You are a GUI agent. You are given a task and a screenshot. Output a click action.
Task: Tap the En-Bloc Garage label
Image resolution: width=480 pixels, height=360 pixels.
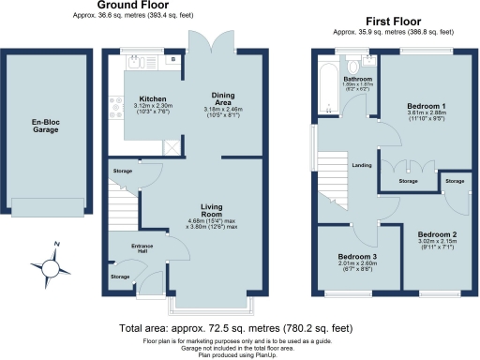click(x=45, y=126)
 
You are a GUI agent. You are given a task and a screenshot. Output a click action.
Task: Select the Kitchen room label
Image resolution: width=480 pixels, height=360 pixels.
click(x=153, y=98)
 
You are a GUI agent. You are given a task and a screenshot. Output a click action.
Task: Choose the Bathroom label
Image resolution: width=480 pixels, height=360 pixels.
click(x=356, y=79)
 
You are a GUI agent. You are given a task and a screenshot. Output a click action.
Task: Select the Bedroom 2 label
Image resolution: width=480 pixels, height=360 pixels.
click(x=437, y=233)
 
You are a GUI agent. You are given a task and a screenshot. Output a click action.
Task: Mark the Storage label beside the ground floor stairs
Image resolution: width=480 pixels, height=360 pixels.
click(x=123, y=172)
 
